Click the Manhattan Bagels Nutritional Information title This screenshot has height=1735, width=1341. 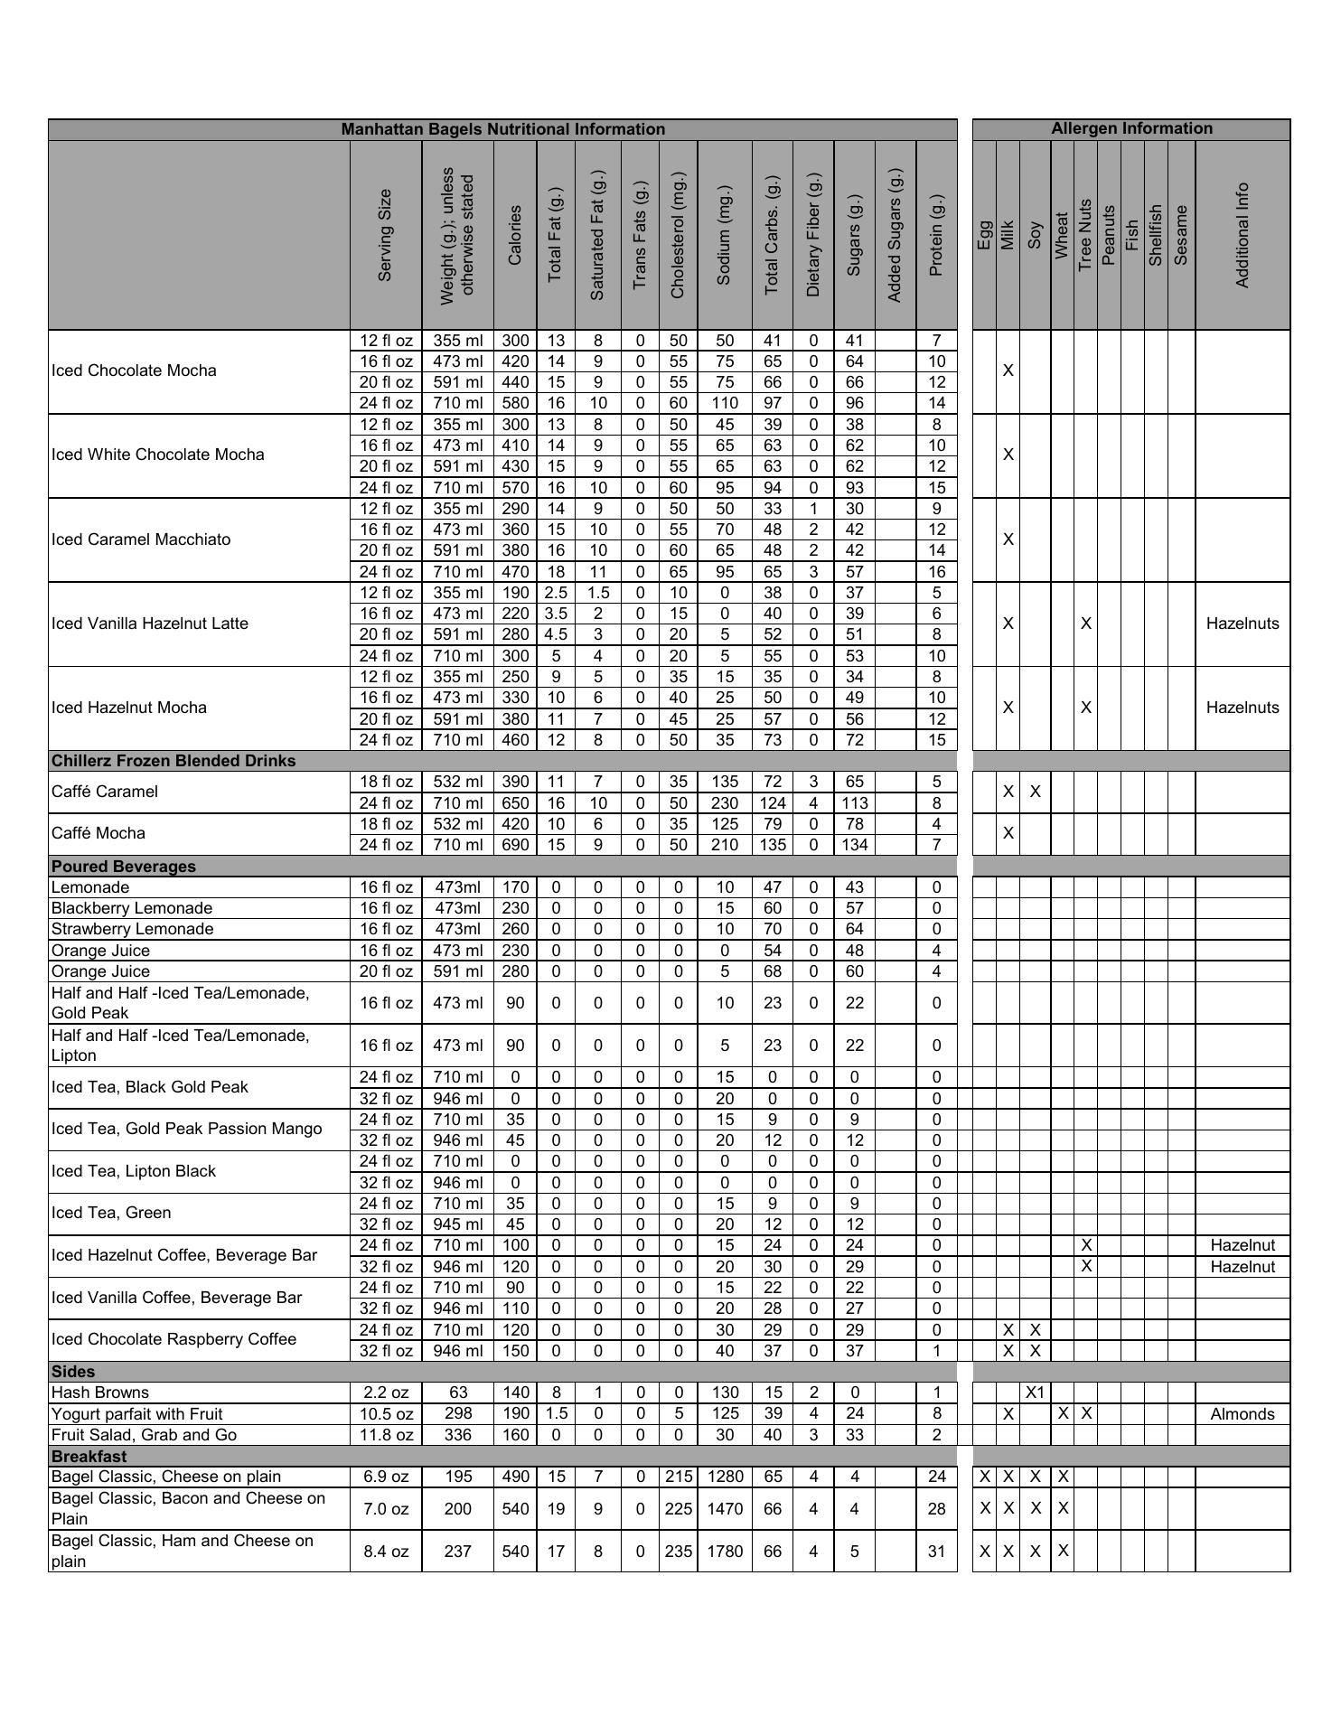click(502, 129)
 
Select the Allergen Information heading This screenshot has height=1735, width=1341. click(1130, 128)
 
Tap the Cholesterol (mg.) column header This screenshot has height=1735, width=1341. click(678, 235)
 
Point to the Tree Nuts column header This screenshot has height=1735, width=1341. click(1085, 235)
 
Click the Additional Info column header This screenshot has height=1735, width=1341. click(1242, 235)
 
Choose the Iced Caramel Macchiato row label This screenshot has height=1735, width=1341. click(141, 539)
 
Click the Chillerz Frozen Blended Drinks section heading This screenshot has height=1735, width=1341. click(173, 761)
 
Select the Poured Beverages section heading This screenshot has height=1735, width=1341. click(124, 867)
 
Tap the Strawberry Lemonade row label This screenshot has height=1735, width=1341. click(133, 929)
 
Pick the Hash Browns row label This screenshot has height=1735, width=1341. click(100, 1393)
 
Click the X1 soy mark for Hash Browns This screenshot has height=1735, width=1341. click(1035, 1393)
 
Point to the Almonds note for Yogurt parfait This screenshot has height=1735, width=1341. click(1242, 1414)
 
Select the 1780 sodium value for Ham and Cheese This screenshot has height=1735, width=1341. click(724, 1552)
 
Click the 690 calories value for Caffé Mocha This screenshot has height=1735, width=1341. click(515, 845)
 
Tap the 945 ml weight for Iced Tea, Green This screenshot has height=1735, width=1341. click(458, 1224)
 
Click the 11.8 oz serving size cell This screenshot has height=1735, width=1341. click(386, 1435)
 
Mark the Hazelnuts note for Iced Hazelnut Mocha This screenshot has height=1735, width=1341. click(1242, 708)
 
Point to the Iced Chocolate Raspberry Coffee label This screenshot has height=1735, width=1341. click(173, 1339)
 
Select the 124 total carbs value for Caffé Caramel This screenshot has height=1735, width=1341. click(772, 803)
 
